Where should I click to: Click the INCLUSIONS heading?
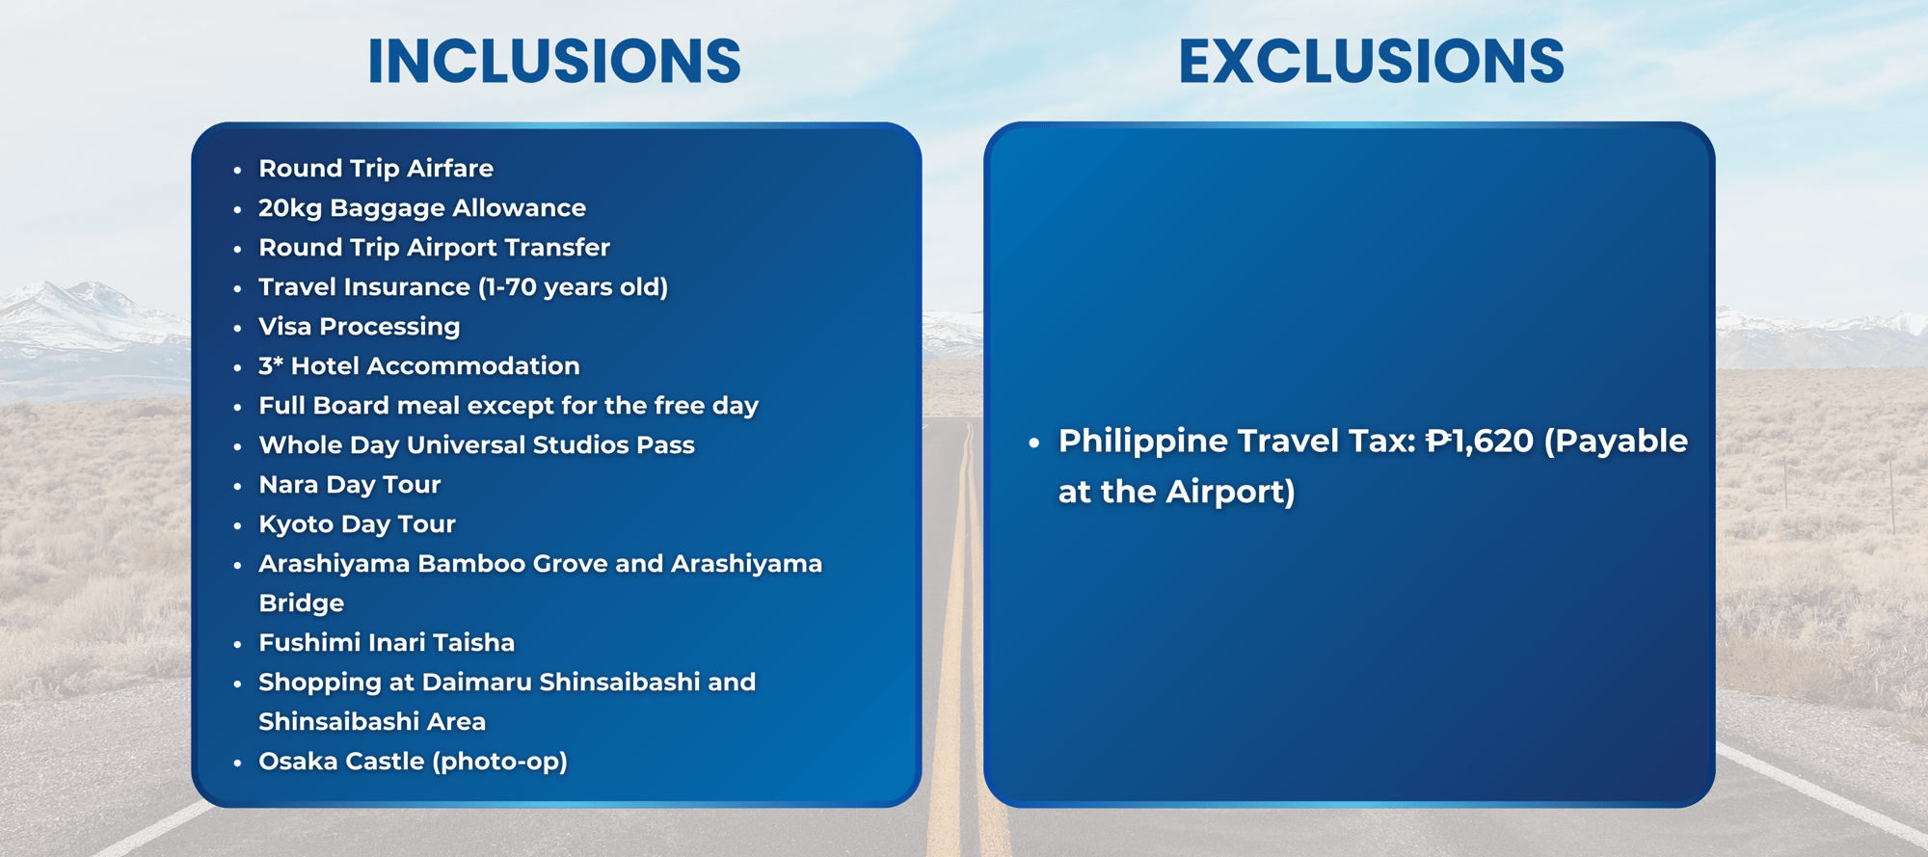(554, 62)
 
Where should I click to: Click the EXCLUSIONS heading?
(1371, 62)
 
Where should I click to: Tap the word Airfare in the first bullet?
(450, 169)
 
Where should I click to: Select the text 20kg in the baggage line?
(290, 209)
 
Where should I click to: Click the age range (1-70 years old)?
(573, 287)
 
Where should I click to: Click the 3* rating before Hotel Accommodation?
(271, 366)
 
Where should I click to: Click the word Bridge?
(301, 604)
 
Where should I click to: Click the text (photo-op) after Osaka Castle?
(499, 763)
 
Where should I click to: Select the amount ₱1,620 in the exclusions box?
(1480, 442)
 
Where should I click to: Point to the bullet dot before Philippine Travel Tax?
(1034, 443)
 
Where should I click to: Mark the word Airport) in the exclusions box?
(1230, 493)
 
